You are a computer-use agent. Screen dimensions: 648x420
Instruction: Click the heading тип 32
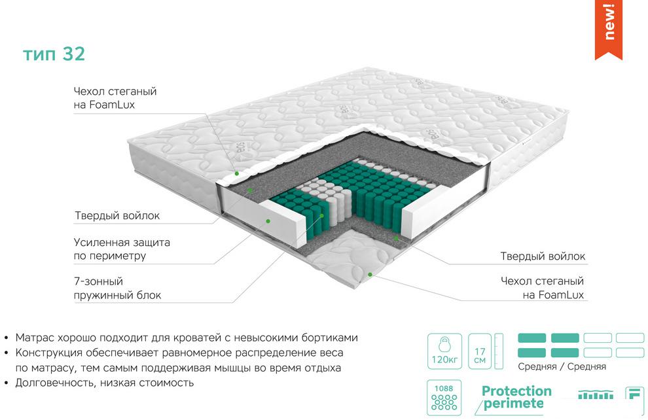54,54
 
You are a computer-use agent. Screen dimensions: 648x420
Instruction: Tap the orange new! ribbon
608,29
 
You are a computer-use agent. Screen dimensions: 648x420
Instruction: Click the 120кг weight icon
444,351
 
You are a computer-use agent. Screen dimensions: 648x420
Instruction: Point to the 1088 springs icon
444,397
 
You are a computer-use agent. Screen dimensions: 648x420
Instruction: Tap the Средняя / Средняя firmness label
562,366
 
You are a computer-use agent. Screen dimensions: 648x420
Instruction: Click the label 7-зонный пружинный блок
117,289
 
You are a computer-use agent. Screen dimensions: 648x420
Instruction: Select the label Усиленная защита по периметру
122,249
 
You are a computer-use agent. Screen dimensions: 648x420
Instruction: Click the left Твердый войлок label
117,216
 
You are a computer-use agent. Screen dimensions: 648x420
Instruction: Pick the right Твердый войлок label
543,256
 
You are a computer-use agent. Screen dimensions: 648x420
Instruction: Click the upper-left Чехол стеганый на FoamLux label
115,98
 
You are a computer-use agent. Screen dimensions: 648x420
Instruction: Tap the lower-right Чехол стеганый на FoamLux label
542,288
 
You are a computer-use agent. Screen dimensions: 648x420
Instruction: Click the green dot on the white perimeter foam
268,221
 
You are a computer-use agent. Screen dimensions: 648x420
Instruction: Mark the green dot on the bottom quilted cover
370,274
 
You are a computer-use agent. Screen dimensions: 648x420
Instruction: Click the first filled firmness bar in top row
532,338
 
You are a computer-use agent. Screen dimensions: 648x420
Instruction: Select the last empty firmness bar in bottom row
630,353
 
